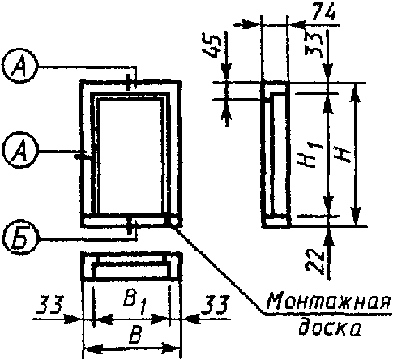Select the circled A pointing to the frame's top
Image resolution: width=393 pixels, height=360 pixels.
tap(20, 66)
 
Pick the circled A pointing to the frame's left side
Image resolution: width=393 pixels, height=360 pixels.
tap(20, 151)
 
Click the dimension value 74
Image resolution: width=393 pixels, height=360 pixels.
tap(323, 14)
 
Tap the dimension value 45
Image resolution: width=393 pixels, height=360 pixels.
tap(215, 46)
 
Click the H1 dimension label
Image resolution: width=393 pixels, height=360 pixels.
tap(314, 156)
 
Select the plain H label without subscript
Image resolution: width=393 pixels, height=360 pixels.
tap(343, 156)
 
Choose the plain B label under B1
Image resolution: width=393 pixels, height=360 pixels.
tap(135, 335)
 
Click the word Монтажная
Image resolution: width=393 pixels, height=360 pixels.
tap(329, 302)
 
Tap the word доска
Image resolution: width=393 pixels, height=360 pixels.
tap(330, 327)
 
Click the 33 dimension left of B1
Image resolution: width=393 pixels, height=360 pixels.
tap(50, 304)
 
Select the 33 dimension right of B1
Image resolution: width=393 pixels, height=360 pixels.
tap(216, 304)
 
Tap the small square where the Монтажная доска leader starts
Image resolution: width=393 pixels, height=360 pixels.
tap(173, 221)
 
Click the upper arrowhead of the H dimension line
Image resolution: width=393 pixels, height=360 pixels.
tap(356, 93)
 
